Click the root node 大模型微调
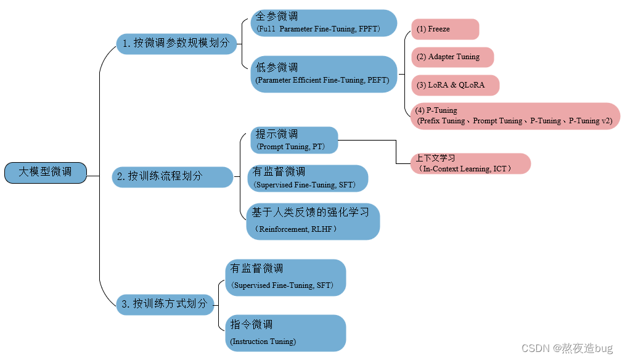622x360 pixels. tap(45, 173)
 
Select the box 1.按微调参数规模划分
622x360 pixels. tap(176, 43)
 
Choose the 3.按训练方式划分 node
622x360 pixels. tap(165, 304)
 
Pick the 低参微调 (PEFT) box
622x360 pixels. tap(323, 74)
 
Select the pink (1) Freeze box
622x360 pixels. tap(444, 30)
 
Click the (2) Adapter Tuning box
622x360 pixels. tap(452, 57)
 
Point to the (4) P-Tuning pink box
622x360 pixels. tap(515, 116)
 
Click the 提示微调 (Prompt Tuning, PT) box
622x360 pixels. tap(294, 140)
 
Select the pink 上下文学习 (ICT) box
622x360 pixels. tap(470, 163)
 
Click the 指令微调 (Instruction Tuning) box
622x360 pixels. tap(285, 333)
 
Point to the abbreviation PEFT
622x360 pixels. tap(377, 80)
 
